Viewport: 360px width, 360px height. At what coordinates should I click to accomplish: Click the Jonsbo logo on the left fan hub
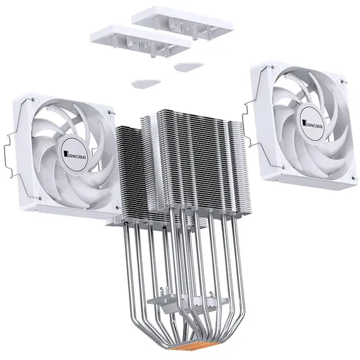tap(75, 155)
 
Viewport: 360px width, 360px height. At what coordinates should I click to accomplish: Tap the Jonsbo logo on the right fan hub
tap(313, 124)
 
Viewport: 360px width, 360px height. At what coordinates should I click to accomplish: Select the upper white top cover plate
tap(183, 23)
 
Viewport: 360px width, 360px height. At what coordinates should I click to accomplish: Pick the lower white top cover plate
tap(140, 40)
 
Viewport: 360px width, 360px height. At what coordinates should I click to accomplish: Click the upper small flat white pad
tap(189, 67)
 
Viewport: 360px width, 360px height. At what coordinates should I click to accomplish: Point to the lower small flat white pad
tap(147, 84)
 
